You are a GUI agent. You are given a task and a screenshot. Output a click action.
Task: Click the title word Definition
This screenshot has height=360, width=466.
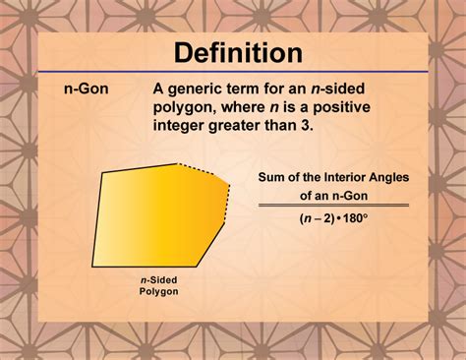coord(232,52)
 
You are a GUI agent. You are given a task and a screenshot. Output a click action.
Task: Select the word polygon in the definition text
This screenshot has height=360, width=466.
coord(185,108)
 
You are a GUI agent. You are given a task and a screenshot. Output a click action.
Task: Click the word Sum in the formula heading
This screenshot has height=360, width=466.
coord(271,178)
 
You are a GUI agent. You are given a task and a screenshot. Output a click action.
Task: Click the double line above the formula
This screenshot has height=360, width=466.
coord(333,205)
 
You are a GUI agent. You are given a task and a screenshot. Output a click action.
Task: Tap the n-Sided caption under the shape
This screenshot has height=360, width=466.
coord(157,279)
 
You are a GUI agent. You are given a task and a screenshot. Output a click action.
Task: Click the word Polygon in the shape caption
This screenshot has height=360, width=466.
coord(157,292)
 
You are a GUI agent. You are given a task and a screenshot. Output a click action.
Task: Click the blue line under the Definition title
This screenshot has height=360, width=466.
coord(232,72)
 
